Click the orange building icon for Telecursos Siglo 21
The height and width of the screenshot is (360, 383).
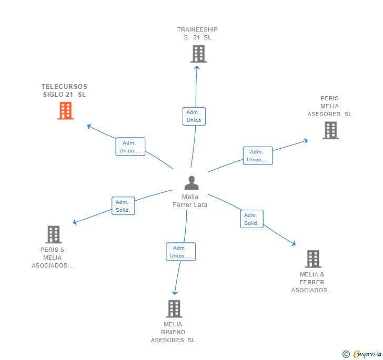(65, 111)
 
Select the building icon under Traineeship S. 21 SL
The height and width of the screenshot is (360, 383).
(198, 54)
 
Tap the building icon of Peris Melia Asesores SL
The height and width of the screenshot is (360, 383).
(330, 130)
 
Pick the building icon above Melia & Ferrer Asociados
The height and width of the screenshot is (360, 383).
(313, 259)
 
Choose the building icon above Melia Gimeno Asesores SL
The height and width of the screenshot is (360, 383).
(174, 309)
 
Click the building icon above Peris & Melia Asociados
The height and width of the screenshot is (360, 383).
(53, 234)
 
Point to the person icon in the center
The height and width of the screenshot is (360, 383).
(191, 183)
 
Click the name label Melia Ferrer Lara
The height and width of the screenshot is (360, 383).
(190, 201)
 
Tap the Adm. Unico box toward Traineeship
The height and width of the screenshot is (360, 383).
(194, 116)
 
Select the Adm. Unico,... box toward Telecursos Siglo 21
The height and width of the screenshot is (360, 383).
(130, 147)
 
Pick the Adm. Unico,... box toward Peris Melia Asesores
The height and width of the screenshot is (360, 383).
(258, 156)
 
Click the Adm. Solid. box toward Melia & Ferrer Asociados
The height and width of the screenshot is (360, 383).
(251, 219)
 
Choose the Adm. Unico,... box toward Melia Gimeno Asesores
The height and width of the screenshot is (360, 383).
(180, 252)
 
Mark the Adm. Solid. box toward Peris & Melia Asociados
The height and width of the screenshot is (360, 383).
(123, 206)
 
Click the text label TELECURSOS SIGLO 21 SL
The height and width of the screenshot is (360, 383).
(64, 90)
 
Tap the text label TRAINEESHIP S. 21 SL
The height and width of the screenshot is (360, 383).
(197, 34)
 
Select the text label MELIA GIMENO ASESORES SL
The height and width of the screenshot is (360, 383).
(173, 332)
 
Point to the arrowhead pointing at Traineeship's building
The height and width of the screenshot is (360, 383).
(197, 67)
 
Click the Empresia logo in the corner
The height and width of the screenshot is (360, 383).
(367, 354)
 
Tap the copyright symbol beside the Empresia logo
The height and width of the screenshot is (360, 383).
(346, 354)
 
